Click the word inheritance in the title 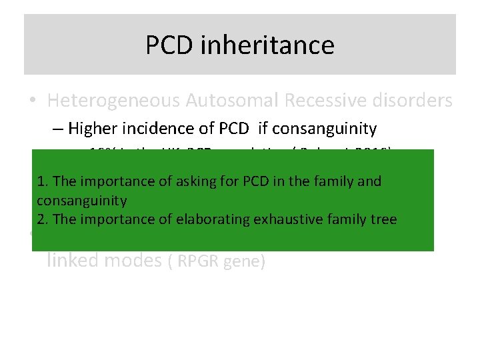pyautogui.click(x=265, y=45)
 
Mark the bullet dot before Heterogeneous pyautogui.click(x=34, y=101)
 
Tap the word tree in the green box pyautogui.click(x=383, y=219)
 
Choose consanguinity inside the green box pyautogui.click(x=81, y=201)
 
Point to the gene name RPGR pyautogui.click(x=197, y=262)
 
